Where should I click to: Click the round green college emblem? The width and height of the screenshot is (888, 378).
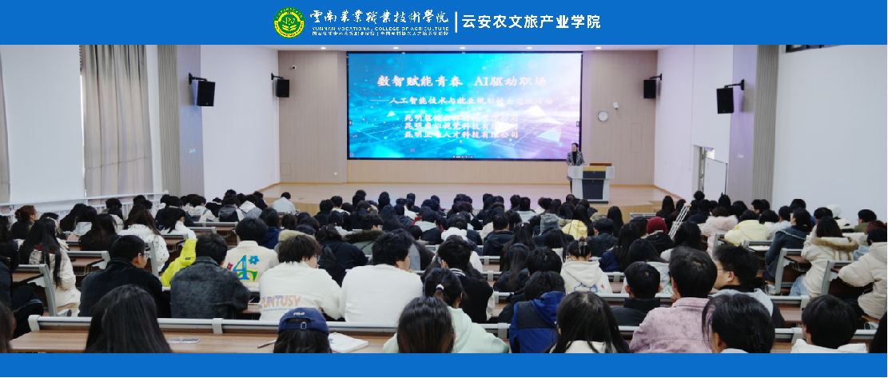pos(289,22)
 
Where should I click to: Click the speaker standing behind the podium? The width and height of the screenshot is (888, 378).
pos(574,155)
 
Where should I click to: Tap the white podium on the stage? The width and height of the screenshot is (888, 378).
pos(590,182)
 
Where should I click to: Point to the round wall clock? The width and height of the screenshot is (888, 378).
pos(603,116)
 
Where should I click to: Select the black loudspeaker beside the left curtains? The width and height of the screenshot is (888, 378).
pos(205,92)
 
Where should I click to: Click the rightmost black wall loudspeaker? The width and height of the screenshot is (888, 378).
pos(726,99)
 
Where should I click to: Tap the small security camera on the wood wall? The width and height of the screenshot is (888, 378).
pos(293,68)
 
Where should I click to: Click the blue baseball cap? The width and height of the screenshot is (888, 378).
pos(304,320)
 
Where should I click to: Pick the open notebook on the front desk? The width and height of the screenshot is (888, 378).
pos(347,342)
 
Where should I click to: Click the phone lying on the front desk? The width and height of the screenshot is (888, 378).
pos(185,340)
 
